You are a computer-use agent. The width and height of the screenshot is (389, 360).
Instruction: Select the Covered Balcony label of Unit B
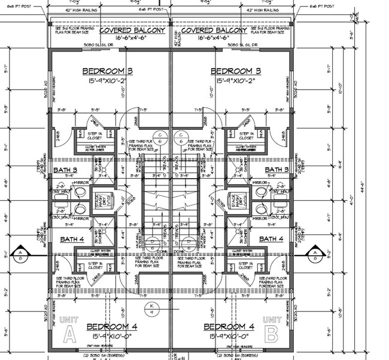tap(214, 30)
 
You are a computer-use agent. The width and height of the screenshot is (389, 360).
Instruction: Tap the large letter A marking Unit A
tap(69, 332)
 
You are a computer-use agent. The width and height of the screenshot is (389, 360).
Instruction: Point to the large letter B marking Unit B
tap(272, 332)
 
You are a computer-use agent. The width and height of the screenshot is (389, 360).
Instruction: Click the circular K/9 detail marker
tap(152, 309)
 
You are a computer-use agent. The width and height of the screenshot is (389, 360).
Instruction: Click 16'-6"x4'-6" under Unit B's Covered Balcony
tap(214, 38)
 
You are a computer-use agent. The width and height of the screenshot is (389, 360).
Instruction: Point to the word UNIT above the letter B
tap(271, 319)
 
